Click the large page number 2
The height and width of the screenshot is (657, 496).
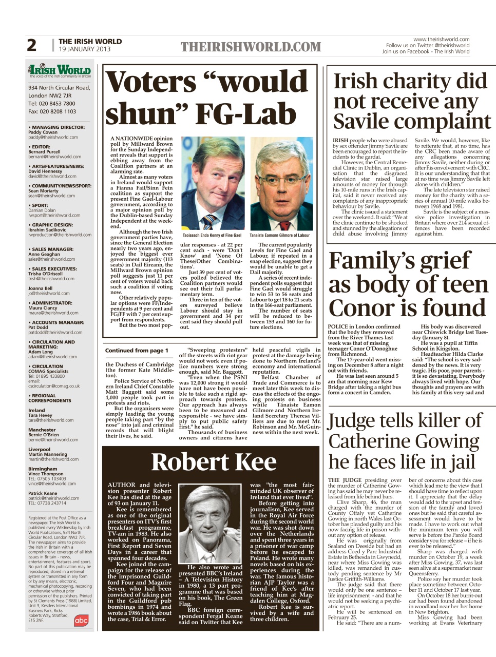pos(32,45)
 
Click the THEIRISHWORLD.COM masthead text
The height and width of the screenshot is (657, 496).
pos(251,47)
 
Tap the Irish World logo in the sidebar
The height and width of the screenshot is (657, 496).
pos(60,70)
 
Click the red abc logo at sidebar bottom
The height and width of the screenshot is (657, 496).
pos(81,620)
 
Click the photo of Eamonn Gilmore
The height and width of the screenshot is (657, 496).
pos(281,183)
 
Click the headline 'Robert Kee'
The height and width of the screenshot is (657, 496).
pos(214,462)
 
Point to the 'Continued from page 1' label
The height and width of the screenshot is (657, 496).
pos(137,351)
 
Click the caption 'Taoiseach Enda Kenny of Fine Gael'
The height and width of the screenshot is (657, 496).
pos(212,236)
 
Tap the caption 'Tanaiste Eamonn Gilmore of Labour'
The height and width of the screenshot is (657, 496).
pos(280,236)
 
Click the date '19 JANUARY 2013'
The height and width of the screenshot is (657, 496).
pos(84,49)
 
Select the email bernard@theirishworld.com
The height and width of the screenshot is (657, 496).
pos(54,157)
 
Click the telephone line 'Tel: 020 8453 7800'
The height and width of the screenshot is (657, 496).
pos(51,103)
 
